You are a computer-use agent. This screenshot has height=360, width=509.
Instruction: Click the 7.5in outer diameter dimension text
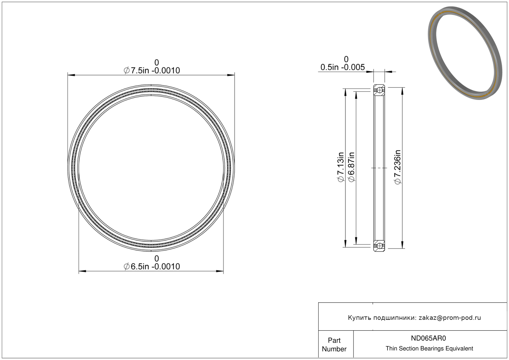152,70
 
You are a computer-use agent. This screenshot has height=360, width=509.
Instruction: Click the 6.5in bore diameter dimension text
152,266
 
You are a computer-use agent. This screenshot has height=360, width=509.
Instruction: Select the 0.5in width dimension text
342,67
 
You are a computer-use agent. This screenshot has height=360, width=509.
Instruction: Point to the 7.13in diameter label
340,167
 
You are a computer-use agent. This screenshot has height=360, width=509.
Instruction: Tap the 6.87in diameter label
351,167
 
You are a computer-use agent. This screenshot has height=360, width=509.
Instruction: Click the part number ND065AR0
428,338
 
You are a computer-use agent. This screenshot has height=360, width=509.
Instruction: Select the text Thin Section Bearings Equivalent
429,349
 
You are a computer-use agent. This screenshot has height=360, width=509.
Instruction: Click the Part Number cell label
334,345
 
